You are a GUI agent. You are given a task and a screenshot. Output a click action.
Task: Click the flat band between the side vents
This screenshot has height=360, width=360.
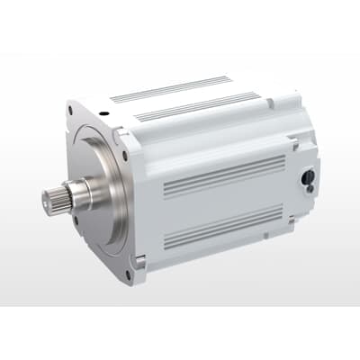click(x=225, y=200)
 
